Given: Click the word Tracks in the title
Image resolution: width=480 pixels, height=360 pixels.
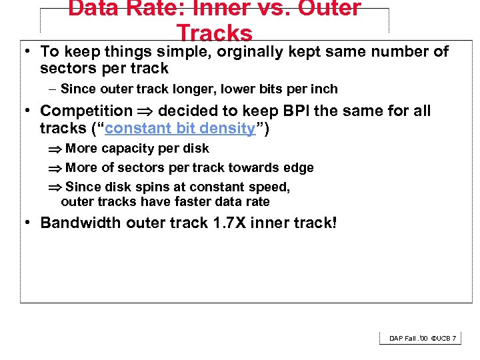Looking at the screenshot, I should pyautogui.click(x=215, y=33).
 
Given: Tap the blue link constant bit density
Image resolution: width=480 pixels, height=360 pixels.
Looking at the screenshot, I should pyautogui.click(x=180, y=129).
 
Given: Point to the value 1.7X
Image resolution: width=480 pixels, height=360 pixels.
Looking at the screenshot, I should pyautogui.click(x=235, y=223).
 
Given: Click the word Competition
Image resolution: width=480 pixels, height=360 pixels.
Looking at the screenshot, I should pyautogui.click(x=87, y=111).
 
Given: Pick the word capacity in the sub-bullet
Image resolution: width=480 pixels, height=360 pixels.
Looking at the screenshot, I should pyautogui.click(x=123, y=149).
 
